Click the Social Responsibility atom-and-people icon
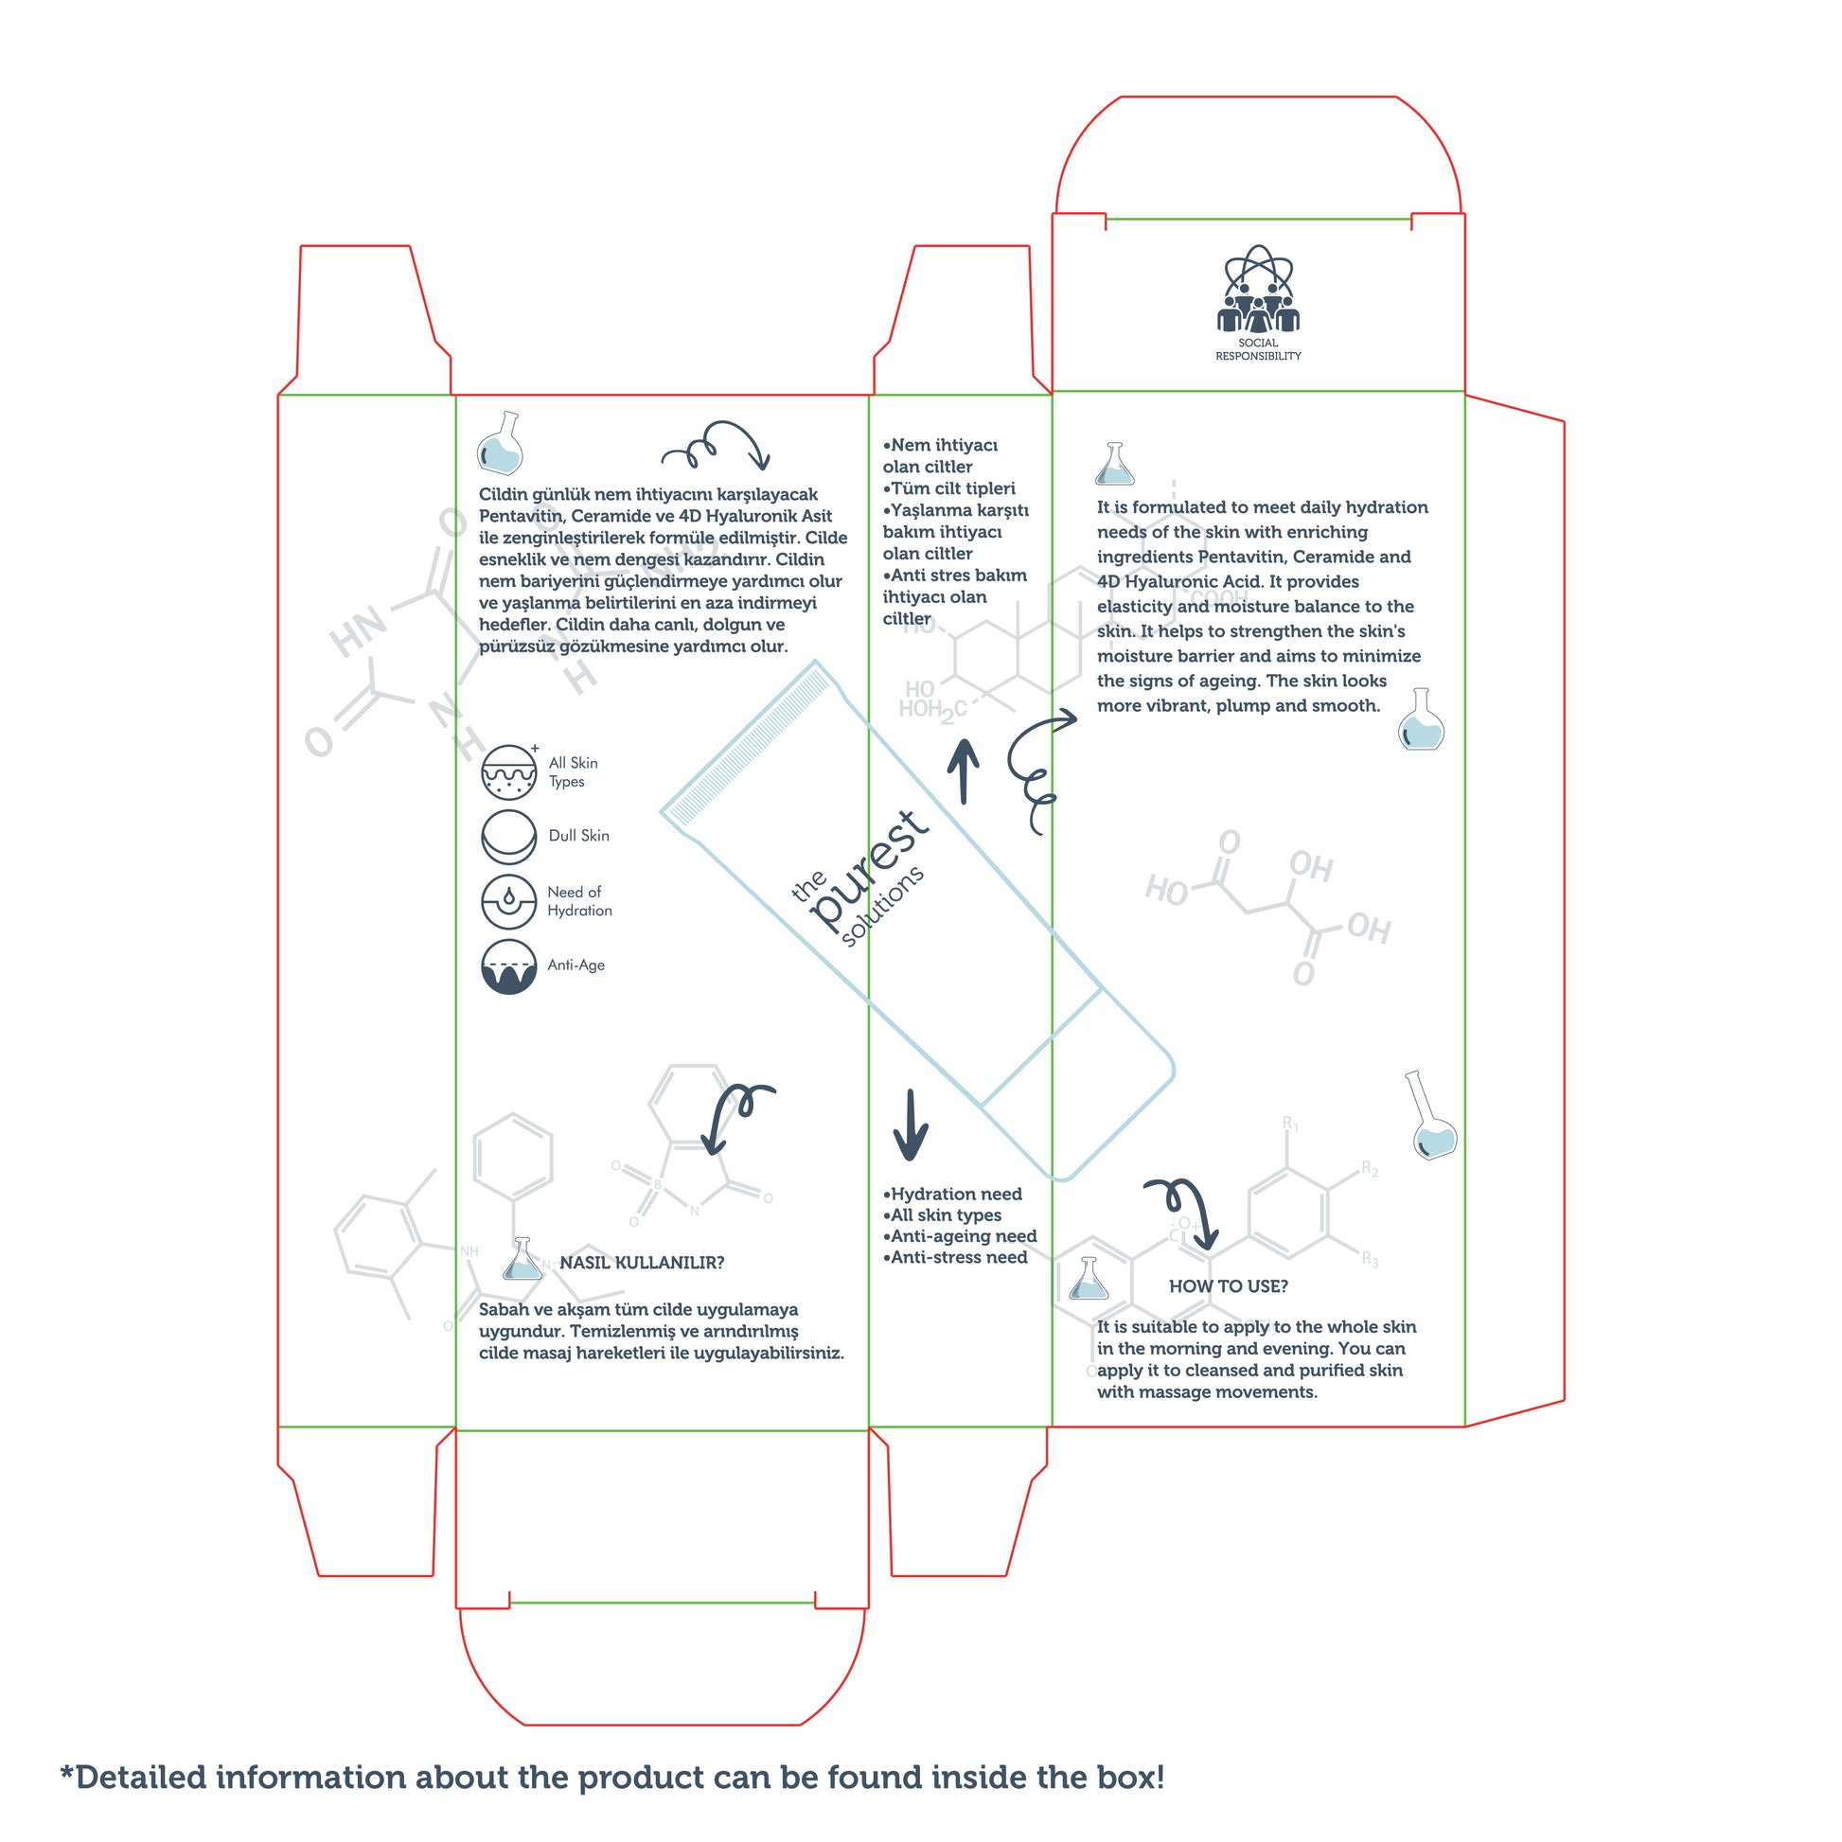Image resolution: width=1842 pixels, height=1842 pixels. click(1258, 289)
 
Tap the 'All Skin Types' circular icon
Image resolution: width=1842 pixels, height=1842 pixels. click(509, 771)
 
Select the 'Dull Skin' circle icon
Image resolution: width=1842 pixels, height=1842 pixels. click(509, 836)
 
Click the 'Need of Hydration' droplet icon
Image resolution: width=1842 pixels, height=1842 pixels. click(509, 901)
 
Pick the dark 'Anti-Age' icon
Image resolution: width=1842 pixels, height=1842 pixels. click(509, 965)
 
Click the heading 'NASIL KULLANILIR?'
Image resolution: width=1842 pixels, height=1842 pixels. click(642, 1263)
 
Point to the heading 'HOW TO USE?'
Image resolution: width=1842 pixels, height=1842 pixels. click(1228, 1286)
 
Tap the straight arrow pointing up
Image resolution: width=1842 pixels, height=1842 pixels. click(963, 771)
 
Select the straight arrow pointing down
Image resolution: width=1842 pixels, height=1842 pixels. click(911, 1125)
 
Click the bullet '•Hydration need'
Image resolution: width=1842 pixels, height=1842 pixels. click(952, 1194)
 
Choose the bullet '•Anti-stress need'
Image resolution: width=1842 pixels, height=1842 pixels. click(955, 1257)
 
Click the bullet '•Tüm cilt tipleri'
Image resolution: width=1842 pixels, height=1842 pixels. click(948, 488)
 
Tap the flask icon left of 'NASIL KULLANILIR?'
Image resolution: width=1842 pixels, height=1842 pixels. click(522, 1259)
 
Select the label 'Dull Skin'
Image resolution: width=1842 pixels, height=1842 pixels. click(578, 835)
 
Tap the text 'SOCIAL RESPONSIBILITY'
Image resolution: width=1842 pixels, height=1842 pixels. click(1258, 349)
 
